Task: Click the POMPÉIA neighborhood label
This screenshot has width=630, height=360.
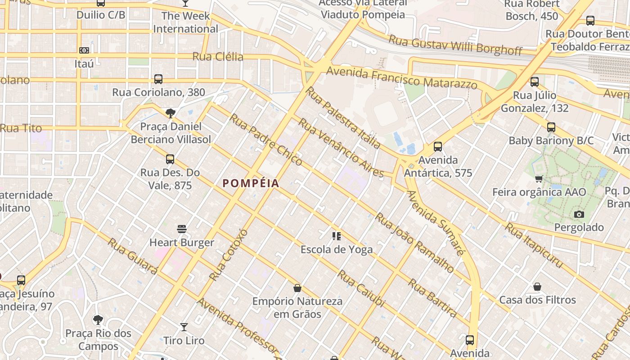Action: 251,183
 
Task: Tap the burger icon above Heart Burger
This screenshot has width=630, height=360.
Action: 182,229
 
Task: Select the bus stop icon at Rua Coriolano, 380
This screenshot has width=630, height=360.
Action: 158,79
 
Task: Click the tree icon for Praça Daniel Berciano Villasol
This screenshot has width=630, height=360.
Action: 171,113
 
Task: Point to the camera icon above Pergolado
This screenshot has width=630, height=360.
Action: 579,214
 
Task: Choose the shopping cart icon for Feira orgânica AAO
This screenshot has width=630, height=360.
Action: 539,179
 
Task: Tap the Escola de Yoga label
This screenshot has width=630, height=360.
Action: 337,249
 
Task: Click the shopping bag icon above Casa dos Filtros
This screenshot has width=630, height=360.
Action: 537,287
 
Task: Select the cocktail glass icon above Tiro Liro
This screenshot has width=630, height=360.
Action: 184,327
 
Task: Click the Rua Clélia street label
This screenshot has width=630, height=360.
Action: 218,57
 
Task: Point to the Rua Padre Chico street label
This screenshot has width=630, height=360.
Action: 265,139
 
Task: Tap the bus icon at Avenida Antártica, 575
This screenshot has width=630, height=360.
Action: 437,147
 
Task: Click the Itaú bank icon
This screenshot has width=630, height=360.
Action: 84,50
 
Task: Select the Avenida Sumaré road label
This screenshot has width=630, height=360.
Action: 435,223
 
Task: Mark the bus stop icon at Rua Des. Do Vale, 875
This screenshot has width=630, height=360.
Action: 170,159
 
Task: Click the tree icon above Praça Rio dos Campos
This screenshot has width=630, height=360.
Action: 98,320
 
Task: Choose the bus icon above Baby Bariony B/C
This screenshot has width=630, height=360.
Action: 551,127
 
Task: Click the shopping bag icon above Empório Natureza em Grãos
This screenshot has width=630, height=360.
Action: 297,288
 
